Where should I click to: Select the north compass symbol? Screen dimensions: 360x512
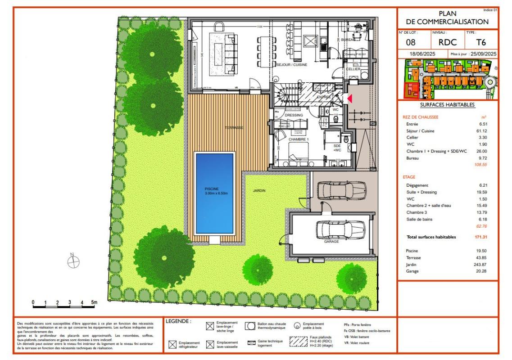(x=72, y=262)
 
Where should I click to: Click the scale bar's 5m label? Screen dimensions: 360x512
(x=94, y=302)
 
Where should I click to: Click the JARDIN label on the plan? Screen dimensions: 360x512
(x=259, y=191)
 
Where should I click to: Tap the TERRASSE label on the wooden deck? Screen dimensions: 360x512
(x=234, y=128)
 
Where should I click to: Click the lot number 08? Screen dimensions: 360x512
(x=411, y=42)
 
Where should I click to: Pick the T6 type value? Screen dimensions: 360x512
(x=481, y=42)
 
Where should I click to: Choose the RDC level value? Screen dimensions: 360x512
(x=448, y=42)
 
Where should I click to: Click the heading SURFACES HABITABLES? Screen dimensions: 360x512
(x=447, y=104)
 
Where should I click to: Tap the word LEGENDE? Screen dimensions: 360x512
(x=179, y=321)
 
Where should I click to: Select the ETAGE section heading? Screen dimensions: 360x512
(x=409, y=177)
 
